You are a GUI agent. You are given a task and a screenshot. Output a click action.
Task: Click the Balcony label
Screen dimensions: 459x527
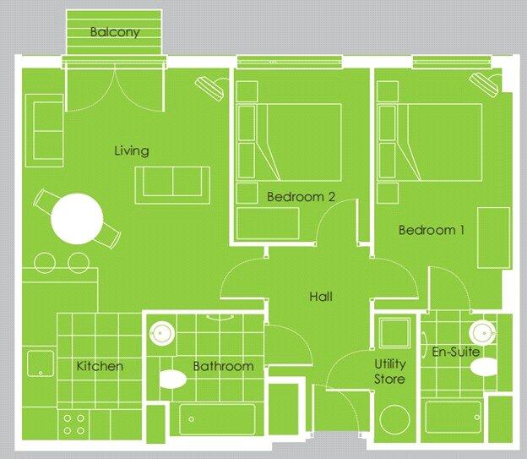tap(114, 33)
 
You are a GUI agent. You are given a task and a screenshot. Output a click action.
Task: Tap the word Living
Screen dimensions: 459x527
tap(131, 151)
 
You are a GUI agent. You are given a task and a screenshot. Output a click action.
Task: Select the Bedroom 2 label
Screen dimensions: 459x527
tap(302, 197)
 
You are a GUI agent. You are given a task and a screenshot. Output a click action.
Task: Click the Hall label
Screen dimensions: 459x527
tap(321, 297)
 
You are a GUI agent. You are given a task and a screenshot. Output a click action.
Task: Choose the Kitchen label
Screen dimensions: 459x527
tap(100, 366)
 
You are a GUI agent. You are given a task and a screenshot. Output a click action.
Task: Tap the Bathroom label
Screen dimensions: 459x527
tap(223, 366)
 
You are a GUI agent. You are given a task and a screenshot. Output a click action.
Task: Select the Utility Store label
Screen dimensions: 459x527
tap(390, 372)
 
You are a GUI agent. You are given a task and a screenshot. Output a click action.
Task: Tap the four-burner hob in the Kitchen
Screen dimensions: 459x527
tap(73, 423)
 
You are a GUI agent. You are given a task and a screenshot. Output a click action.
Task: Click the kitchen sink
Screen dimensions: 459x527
tap(39, 364)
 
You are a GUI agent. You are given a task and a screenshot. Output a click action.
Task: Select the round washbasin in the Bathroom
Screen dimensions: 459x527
tap(160, 331)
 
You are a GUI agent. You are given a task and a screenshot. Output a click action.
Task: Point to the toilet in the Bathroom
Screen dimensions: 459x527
tap(174, 378)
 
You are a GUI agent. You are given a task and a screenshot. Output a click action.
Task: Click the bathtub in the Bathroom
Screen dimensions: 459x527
tap(217, 420)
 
